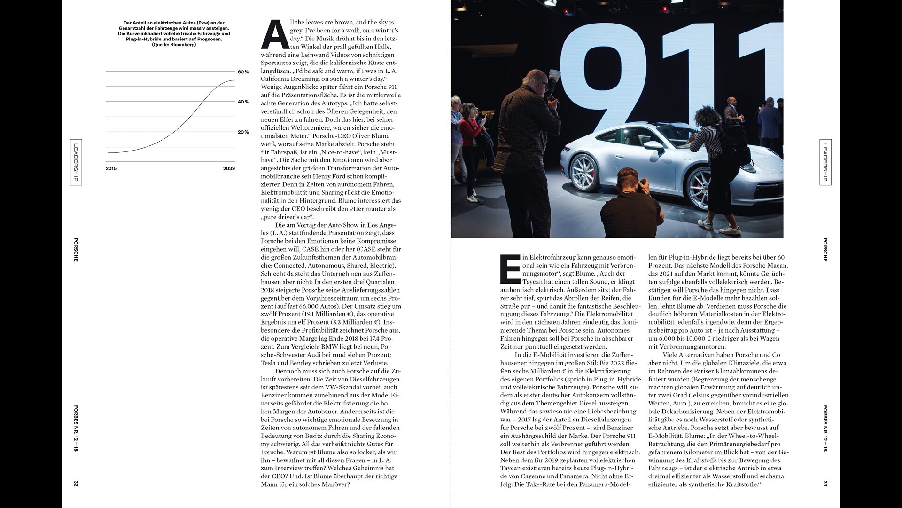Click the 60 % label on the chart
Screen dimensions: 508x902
(243, 72)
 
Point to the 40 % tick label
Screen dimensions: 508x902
(243, 102)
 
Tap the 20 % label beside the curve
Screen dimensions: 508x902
(243, 132)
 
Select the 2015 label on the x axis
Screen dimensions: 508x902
(111, 168)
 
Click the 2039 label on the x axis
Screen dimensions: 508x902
(229, 168)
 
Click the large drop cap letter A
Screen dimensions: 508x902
(274, 35)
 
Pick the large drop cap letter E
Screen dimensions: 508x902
(510, 269)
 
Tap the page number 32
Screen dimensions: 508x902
(76, 484)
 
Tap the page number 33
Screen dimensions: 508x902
(825, 484)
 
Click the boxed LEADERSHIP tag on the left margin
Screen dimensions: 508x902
(76, 162)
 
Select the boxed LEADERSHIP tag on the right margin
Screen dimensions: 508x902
(825, 162)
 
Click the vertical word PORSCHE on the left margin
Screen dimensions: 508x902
(76, 250)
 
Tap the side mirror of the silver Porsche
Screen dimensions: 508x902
(653, 146)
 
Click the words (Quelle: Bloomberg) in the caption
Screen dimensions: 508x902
(174, 45)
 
